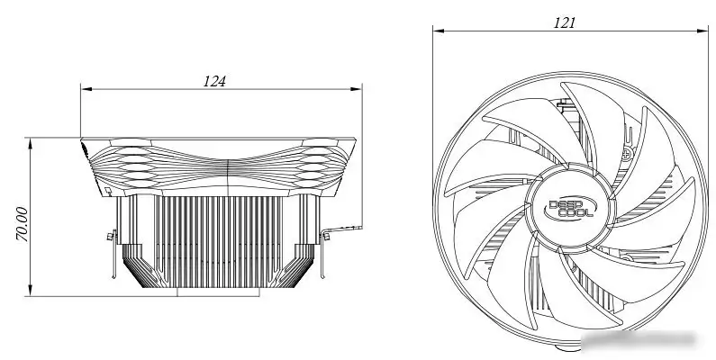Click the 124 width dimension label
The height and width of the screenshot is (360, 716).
pos(214,81)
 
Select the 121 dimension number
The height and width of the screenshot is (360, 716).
pos(565,22)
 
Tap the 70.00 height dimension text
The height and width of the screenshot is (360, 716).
pos(22,224)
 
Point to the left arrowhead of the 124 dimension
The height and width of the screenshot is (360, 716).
pos(86,89)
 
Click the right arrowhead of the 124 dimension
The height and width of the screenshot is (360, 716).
pos(356,89)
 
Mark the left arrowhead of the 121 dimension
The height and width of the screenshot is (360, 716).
pos(439,31)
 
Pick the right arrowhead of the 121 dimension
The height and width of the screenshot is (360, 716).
pos(702,31)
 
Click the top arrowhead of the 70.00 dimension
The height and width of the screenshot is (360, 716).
pos(31,143)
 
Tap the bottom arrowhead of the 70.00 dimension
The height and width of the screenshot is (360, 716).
pos(31,290)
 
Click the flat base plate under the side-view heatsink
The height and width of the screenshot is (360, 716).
pos(218,292)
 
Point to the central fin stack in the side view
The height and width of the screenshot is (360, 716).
pos(218,241)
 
